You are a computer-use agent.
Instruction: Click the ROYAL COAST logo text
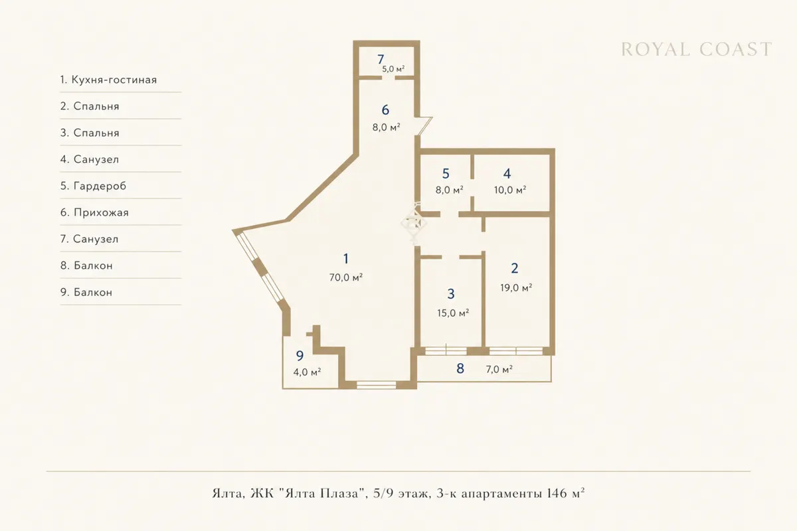[x=696, y=49]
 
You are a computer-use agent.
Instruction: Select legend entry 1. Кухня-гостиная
[x=108, y=80]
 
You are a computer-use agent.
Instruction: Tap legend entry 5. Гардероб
[x=93, y=186]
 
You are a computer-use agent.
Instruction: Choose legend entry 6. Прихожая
[x=94, y=212]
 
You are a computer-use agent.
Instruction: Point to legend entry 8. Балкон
[x=86, y=265]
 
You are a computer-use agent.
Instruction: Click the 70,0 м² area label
[x=346, y=277]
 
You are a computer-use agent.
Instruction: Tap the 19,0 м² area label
[x=516, y=287]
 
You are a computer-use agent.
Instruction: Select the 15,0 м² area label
[x=453, y=313]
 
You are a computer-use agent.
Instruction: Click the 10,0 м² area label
[x=510, y=190]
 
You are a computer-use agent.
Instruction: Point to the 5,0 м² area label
[x=393, y=69]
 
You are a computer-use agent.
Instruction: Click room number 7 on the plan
[x=381, y=58]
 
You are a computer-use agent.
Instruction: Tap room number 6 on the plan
[x=385, y=110]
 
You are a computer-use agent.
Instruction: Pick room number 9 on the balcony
[x=300, y=356]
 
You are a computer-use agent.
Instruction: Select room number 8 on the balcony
[x=460, y=368]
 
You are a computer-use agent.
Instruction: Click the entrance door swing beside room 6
[x=424, y=126]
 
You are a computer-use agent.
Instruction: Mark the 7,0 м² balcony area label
[x=499, y=370]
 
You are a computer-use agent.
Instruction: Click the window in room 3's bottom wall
[x=446, y=351]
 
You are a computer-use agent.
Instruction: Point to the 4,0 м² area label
[x=307, y=372]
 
